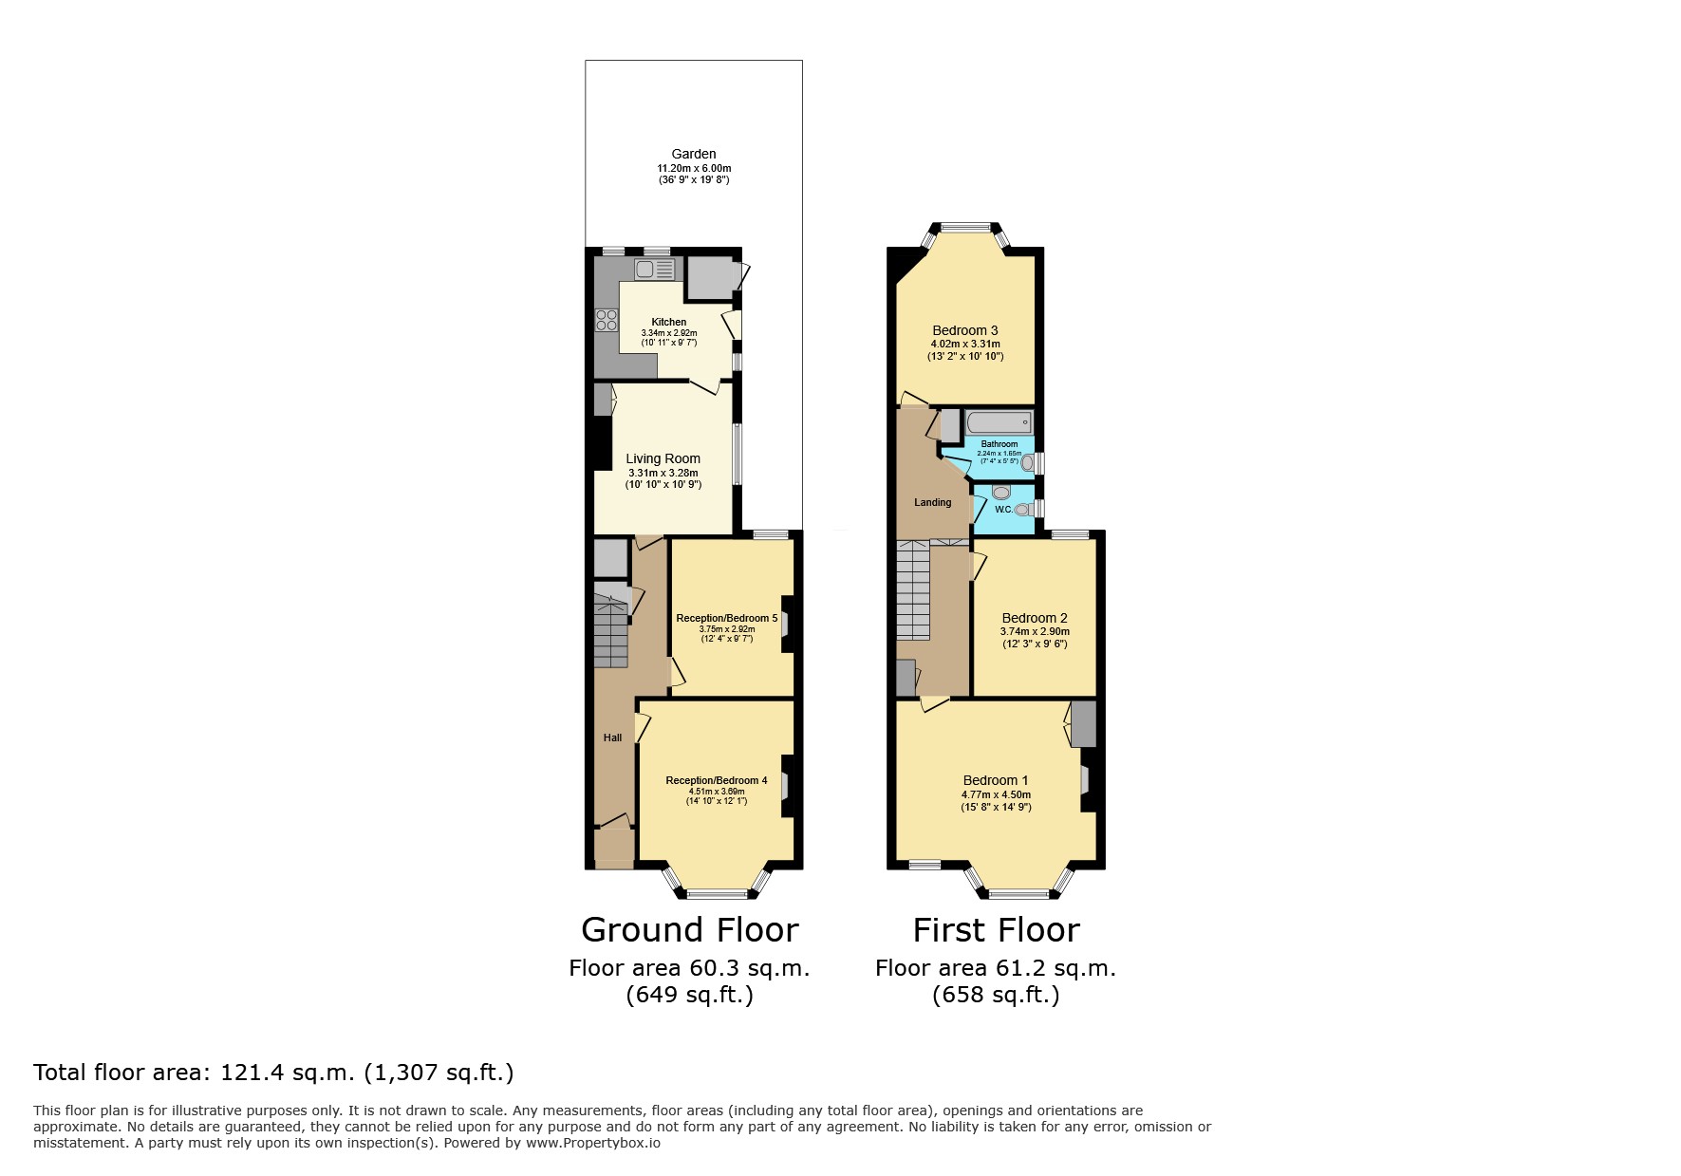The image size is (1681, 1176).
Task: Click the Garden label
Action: coord(694,154)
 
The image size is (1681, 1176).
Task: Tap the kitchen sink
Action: coord(655,270)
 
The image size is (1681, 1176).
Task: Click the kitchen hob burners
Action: coord(607,321)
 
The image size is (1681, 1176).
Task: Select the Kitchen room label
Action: coord(668,322)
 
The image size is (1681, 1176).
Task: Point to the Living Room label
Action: coord(663,458)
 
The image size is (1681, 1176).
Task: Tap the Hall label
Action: coord(612,737)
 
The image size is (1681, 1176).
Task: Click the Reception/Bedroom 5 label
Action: coord(726,618)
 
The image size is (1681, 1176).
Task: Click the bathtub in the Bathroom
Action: coord(999,423)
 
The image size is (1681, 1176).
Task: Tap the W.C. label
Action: coord(1003,509)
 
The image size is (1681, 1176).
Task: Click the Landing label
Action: coord(932,502)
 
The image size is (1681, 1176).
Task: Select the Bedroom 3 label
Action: coord(964,330)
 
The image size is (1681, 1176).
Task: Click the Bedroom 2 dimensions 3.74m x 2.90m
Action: coord(1035,631)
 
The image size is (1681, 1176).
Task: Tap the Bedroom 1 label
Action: coord(996,780)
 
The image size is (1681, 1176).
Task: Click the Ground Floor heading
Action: coord(689,929)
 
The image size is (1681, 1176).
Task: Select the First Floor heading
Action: coord(996,929)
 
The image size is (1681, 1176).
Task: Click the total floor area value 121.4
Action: coord(252,1073)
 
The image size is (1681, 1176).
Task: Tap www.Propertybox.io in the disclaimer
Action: coord(593,1143)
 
